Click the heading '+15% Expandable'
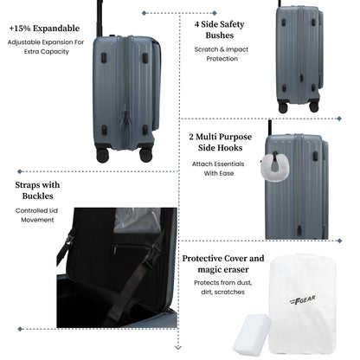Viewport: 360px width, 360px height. click(44, 29)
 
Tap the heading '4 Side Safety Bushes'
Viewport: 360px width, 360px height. click(220, 29)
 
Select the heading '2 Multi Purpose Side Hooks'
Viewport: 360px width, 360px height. click(221, 142)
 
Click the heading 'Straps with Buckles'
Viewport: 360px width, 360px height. click(37, 190)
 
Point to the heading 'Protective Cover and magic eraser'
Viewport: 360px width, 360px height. click(223, 264)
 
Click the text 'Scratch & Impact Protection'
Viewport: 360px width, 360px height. click(222, 54)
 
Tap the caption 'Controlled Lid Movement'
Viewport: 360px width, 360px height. click(37, 215)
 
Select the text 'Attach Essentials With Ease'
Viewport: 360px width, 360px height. click(218, 169)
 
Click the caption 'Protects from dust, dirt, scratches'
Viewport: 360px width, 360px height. click(222, 287)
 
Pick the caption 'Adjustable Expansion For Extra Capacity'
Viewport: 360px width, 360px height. click(46, 47)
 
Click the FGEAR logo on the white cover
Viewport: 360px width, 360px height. click(302, 300)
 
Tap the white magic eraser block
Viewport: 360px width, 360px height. click(252, 335)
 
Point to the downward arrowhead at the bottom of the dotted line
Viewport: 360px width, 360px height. click(178, 347)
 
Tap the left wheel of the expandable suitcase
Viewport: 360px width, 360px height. click(103, 155)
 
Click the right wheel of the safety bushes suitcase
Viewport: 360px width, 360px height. click(314, 106)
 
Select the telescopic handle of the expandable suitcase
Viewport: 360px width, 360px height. click(100, 18)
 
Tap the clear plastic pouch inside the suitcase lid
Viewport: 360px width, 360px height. click(138, 220)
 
